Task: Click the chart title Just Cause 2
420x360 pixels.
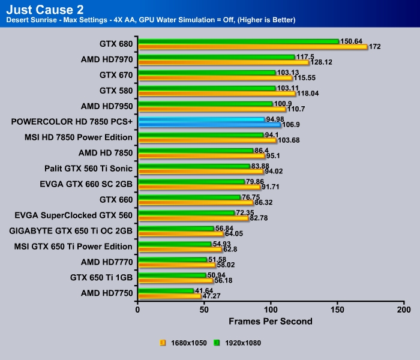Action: [43, 10]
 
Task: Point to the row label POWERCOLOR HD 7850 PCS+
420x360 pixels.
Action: [71, 122]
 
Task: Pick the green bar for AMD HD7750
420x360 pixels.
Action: [166, 291]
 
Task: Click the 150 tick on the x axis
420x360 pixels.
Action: [338, 310]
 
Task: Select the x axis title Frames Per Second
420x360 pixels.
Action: [271, 322]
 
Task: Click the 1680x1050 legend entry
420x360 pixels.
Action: [183, 343]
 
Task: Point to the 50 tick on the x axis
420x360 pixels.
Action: [205, 310]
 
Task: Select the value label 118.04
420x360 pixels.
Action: [310, 93]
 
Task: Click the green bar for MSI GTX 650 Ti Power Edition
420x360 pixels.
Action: [175, 244]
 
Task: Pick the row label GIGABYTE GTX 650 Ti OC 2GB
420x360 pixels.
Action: [71, 231]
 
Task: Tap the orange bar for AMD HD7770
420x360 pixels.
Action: [176, 265]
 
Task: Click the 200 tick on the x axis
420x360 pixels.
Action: [404, 310]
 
